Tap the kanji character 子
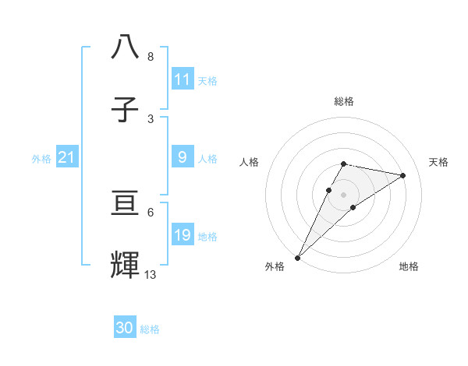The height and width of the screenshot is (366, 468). pos(125,111)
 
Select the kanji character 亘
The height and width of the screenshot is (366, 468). pos(125,205)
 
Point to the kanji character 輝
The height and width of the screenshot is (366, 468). pos(125,266)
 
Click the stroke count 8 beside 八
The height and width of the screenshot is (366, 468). pos(150,57)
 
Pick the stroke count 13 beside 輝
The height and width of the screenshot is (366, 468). pos(151,274)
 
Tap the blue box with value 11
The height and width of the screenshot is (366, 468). pos(183,79)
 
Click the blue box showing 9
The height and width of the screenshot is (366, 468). pos(183,157)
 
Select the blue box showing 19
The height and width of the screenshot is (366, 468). pos(183,235)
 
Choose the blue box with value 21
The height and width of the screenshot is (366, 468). pos(66,158)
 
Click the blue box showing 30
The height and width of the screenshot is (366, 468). pos(125,329)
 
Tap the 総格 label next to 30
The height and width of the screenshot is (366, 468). pos(150,329)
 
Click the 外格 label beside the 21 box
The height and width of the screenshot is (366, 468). pos(41,159)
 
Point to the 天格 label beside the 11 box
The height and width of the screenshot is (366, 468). pos(207,80)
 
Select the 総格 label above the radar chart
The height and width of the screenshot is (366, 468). pos(344,101)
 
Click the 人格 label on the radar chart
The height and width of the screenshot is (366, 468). pos(250,162)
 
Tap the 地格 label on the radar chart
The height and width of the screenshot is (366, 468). pos(409,266)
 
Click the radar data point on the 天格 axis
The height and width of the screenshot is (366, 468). pos(403,175)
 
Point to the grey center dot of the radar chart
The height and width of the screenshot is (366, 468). pos(344,194)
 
